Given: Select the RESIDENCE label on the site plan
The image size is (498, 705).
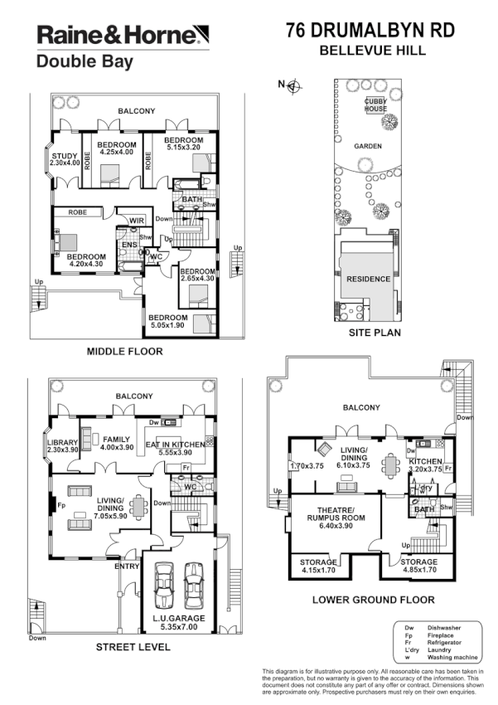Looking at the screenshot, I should (x=368, y=280).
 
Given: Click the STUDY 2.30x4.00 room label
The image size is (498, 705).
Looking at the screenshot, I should (x=65, y=159).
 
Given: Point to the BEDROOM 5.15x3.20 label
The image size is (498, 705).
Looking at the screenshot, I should (x=183, y=145).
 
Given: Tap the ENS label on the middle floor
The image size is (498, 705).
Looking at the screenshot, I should (x=129, y=245).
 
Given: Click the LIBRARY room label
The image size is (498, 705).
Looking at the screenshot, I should (x=63, y=446).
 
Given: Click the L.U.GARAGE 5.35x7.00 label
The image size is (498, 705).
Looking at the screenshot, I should (x=180, y=622).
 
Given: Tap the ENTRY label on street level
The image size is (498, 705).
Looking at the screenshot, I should (x=127, y=566).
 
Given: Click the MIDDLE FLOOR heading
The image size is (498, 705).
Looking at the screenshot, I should (x=124, y=352).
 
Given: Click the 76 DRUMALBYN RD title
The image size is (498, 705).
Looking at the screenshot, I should (x=370, y=31).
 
